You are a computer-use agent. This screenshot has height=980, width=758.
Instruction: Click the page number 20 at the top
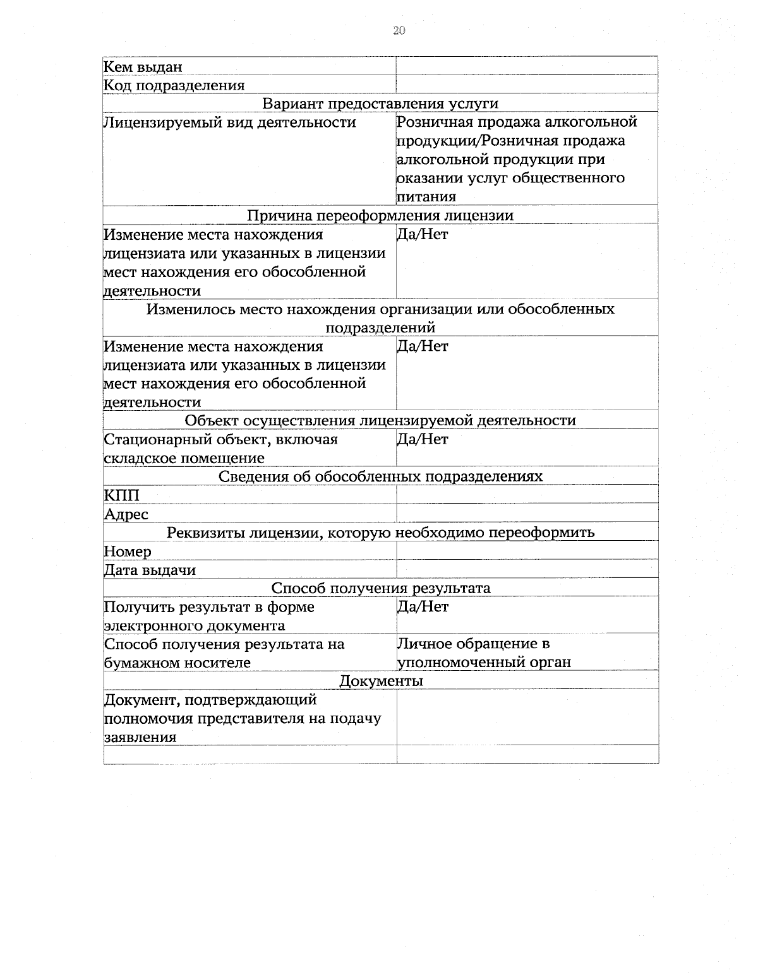(x=399, y=31)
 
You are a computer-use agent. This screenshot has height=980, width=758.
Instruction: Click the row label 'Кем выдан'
(x=143, y=67)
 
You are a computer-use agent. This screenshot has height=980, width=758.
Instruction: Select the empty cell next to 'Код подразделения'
(x=527, y=85)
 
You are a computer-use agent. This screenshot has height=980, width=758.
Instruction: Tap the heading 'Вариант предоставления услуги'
(x=380, y=103)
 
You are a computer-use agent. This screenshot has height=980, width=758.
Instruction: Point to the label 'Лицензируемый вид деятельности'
(x=230, y=122)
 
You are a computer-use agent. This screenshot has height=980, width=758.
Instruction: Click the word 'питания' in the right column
(x=426, y=197)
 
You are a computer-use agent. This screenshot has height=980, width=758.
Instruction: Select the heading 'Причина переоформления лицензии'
(x=380, y=216)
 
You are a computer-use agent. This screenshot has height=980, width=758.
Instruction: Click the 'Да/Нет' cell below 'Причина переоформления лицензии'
(x=423, y=235)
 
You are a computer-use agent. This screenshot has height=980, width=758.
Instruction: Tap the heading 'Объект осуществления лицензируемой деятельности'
(x=380, y=421)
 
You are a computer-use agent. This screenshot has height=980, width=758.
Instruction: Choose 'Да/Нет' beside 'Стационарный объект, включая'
(x=423, y=439)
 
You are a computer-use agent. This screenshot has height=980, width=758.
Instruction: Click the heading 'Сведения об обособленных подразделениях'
(x=380, y=476)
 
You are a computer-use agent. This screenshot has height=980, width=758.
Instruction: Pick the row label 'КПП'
(x=121, y=495)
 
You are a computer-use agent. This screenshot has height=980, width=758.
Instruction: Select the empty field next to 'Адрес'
(x=527, y=513)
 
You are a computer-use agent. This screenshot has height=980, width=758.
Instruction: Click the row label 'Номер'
(x=128, y=552)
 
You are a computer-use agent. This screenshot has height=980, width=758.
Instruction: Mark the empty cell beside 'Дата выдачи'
(x=527, y=569)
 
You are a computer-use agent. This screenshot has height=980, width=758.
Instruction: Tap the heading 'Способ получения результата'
(x=380, y=589)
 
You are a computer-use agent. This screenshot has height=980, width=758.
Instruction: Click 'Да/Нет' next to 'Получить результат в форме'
(x=423, y=607)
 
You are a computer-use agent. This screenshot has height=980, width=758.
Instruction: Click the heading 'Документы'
(x=381, y=682)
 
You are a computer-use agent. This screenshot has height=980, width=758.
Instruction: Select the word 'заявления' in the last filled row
(x=140, y=737)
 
